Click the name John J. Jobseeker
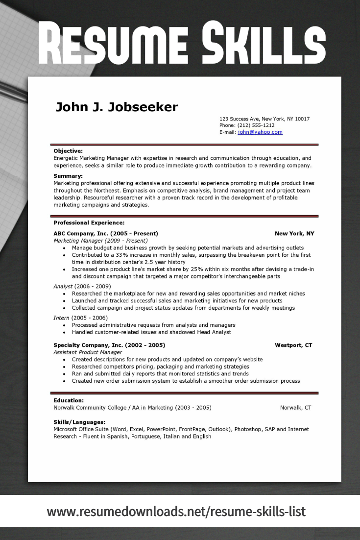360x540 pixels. tap(117, 107)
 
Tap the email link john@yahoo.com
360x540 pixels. tap(260, 132)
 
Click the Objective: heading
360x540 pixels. tap(68, 151)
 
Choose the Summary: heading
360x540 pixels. tap(68, 176)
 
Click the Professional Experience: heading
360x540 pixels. tap(89, 223)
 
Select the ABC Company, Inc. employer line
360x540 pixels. tap(105, 234)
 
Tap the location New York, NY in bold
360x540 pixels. tap(294, 234)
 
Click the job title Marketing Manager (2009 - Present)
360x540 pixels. tap(100, 241)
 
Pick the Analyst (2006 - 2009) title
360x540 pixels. tap(82, 286)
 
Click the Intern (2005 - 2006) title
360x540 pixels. tap(80, 318)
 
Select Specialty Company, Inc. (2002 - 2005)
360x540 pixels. tap(109, 345)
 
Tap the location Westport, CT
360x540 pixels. tap(293, 345)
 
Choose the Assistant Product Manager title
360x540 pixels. tap(88, 352)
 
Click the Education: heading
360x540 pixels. tap(69, 400)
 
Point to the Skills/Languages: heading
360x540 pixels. tap(79, 422)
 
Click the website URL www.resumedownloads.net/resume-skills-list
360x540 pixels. tap(176, 512)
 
